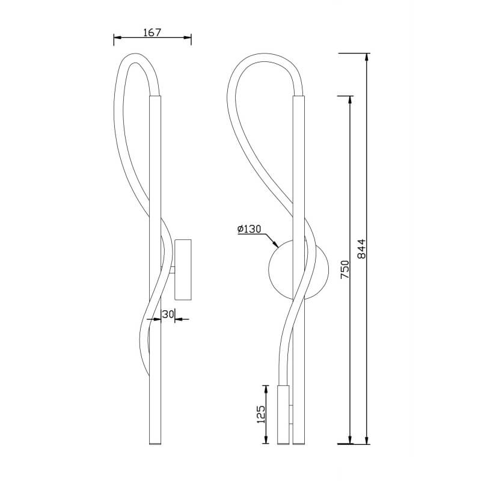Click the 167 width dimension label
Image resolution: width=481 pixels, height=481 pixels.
click(152, 32)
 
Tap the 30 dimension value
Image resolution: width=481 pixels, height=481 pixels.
click(168, 314)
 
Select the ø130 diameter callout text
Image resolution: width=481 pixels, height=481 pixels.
click(249, 229)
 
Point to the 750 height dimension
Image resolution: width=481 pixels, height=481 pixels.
click(345, 269)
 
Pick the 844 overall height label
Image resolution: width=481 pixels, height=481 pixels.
click(362, 248)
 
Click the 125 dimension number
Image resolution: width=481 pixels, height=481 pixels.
click(261, 414)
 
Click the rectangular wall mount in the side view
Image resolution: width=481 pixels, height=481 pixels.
click(183, 269)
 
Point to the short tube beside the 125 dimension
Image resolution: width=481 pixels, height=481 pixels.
click(283, 414)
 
